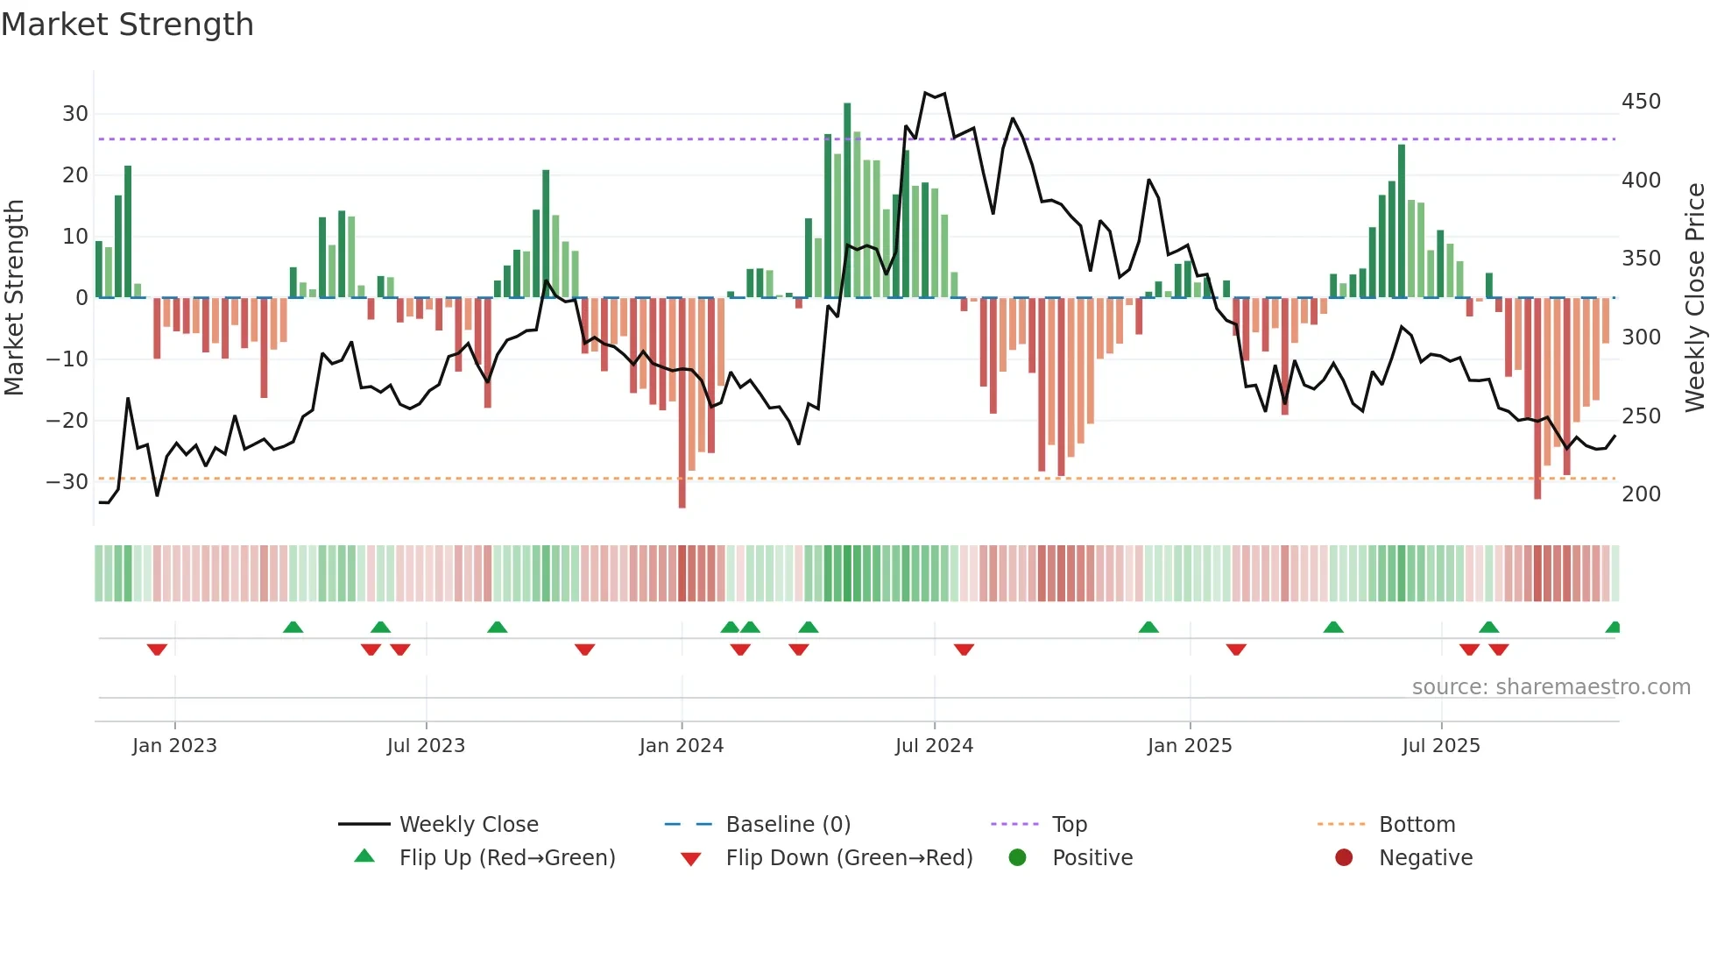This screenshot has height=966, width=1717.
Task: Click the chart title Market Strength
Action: (x=128, y=25)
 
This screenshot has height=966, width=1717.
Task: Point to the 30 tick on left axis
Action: (x=75, y=114)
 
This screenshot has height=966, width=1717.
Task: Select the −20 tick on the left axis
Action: (x=68, y=421)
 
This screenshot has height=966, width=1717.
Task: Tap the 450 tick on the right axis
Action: (x=1641, y=102)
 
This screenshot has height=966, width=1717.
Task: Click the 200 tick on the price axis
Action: (x=1641, y=494)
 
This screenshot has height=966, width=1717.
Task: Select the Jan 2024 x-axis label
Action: (x=681, y=746)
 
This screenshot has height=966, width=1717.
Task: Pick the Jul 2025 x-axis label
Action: (x=1440, y=746)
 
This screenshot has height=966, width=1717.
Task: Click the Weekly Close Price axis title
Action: (x=1695, y=298)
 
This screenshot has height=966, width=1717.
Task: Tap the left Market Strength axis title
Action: (x=14, y=298)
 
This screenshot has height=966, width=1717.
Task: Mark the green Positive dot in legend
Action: (x=1017, y=857)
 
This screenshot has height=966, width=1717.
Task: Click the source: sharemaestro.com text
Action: (x=1551, y=687)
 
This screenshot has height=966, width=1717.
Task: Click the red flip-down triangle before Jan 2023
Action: (x=157, y=650)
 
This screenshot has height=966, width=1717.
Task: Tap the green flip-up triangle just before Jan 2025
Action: (x=1148, y=627)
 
